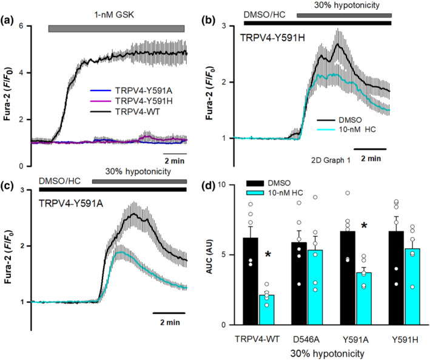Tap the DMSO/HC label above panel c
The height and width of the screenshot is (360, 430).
(59, 181)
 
